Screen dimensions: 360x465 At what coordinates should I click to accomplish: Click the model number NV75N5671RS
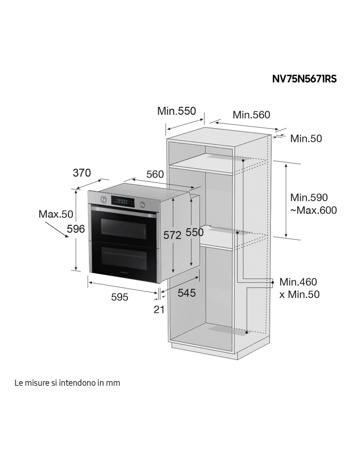(304, 79)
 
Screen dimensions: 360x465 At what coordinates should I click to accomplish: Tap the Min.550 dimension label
(176, 111)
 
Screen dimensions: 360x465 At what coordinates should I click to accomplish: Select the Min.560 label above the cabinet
(251, 115)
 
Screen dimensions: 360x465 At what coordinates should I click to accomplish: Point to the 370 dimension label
(82, 173)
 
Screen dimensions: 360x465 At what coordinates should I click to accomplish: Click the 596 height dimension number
(76, 229)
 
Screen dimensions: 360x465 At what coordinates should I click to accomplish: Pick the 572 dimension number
(172, 235)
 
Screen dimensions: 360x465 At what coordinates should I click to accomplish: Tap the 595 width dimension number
(119, 297)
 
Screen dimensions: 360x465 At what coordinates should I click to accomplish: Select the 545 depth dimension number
(187, 293)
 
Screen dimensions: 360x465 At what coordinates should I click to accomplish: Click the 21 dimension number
(159, 309)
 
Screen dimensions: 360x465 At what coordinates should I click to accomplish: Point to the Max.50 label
(56, 214)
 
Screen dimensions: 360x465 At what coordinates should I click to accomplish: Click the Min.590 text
(309, 198)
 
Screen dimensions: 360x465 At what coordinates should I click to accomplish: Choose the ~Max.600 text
(314, 210)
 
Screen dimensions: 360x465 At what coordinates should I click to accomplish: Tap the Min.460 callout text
(298, 282)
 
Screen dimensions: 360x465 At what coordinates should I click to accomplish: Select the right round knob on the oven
(142, 205)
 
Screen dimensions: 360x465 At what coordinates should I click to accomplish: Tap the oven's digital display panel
(123, 202)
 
